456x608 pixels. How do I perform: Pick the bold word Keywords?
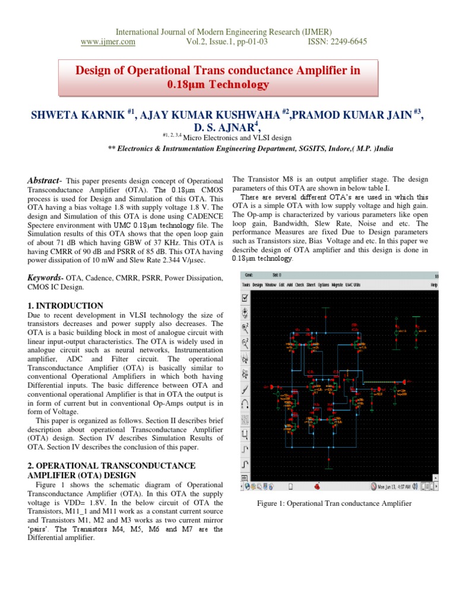tap(46, 278)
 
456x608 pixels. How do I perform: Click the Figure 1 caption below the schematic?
tap(334, 503)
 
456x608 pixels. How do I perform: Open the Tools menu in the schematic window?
tap(246, 285)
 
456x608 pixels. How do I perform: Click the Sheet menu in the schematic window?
tap(311, 285)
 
